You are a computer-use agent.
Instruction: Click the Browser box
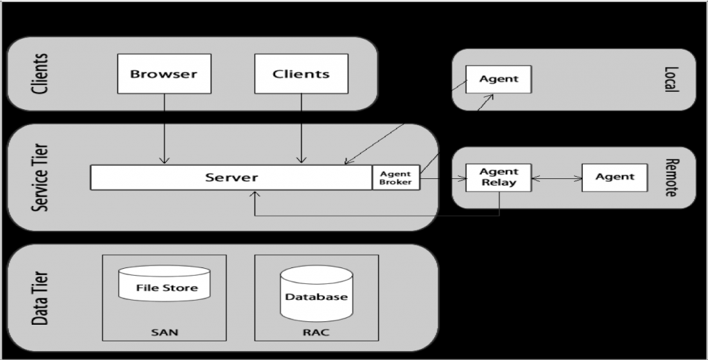coord(164,74)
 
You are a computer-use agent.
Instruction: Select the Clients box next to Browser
coord(301,74)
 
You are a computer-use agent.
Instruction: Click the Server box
coord(232,178)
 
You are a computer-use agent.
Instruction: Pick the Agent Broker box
coord(395,178)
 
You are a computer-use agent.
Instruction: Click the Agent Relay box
coord(499,178)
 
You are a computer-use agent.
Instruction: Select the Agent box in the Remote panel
coord(615,178)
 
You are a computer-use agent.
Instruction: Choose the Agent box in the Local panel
coord(499,79)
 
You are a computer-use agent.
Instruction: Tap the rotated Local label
coord(670,79)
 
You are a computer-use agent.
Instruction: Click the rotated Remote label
coord(670,178)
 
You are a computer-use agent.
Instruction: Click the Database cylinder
coord(317,295)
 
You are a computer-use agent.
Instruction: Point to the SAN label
coord(165,332)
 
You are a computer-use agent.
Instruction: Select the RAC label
coord(317,332)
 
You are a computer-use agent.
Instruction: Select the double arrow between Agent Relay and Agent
coord(557,178)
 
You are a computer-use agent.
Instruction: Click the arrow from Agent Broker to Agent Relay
coord(442,178)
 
